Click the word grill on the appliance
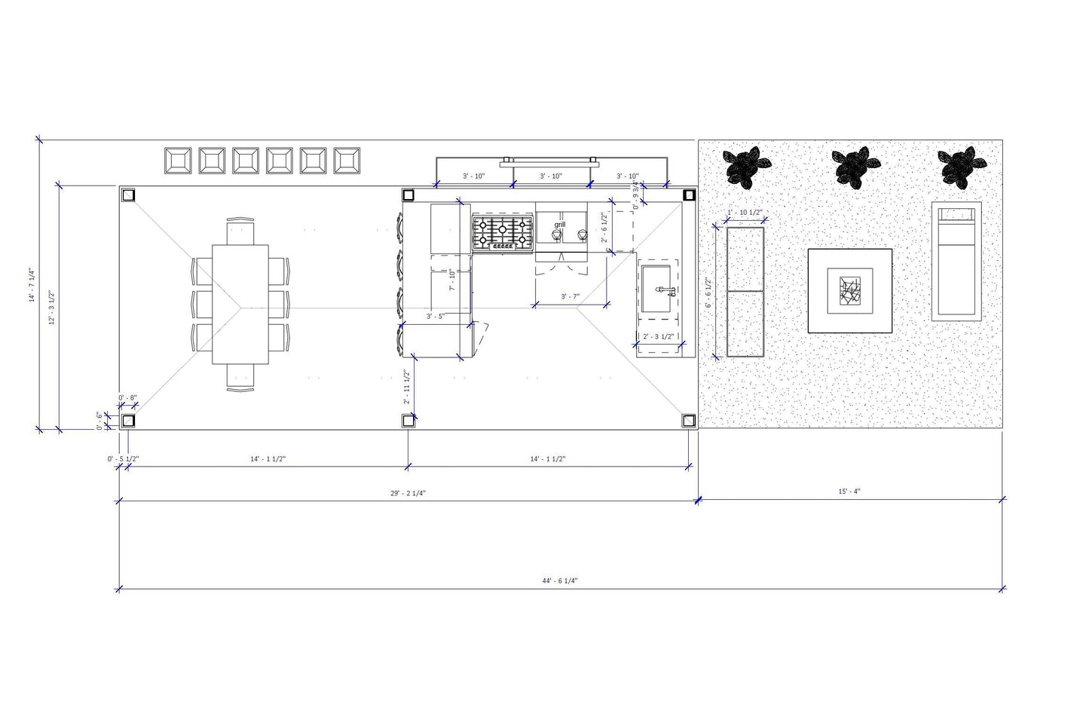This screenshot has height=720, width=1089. tap(559, 225)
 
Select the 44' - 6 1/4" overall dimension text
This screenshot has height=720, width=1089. tap(559, 581)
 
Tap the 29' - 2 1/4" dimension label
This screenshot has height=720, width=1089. tap(408, 493)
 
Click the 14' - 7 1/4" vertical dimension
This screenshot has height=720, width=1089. tap(32, 286)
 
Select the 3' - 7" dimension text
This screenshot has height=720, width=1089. tap(570, 297)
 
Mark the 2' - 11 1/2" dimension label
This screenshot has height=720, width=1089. tap(405, 387)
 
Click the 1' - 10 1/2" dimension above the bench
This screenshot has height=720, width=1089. tap(746, 212)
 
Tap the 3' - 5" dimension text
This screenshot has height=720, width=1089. tap(436, 317)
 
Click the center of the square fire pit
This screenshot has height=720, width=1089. tap(850, 290)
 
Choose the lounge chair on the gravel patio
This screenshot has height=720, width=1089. tap(956, 261)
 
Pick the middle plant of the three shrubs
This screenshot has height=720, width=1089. tap(854, 165)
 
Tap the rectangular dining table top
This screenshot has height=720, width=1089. tap(240, 303)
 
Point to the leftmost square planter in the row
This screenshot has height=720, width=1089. tap(178, 160)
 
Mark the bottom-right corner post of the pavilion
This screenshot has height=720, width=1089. tap(689, 420)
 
